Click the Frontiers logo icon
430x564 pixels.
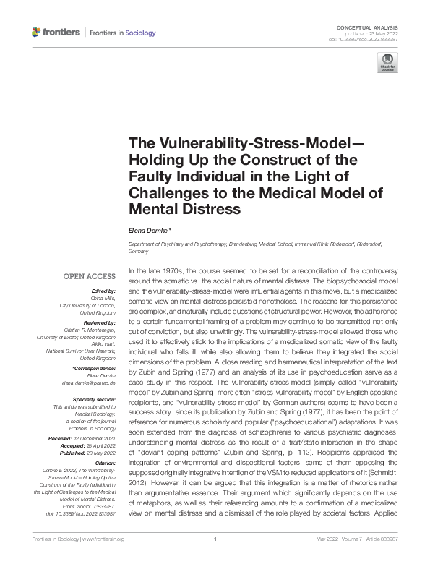[x=37, y=33]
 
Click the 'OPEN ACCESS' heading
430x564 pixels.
[x=90, y=276]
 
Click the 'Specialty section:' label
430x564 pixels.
[x=93, y=398]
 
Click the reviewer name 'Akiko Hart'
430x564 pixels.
[x=102, y=344]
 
